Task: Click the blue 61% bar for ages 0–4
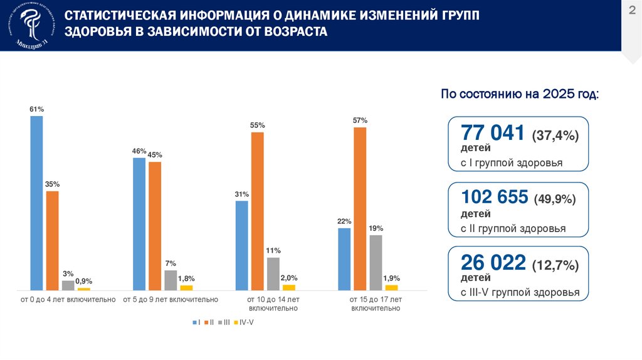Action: pyautogui.click(x=37, y=203)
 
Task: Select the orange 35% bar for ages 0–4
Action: pyautogui.click(x=52, y=240)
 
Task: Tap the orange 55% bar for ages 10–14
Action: pyautogui.click(x=257, y=211)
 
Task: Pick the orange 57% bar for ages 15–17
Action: pyautogui.click(x=360, y=208)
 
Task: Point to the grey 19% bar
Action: pyautogui.click(x=376, y=262)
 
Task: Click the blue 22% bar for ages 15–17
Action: pyautogui.click(x=344, y=258)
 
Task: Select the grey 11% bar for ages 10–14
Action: pyautogui.click(x=273, y=273)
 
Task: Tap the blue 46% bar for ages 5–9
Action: pyautogui.click(x=139, y=223)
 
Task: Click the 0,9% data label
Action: pyautogui.click(x=84, y=281)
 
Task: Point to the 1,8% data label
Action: pyautogui.click(x=186, y=278)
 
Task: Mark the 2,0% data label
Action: pyautogui.click(x=289, y=278)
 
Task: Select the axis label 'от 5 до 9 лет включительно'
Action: pyautogui.click(x=171, y=300)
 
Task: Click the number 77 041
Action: pyautogui.click(x=492, y=133)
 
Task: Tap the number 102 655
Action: pyautogui.click(x=495, y=197)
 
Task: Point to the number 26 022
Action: pyautogui.click(x=493, y=262)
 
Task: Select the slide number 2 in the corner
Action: pyautogui.click(x=631, y=11)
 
